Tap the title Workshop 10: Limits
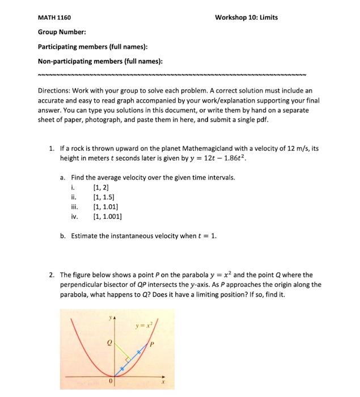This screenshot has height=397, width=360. (x=247, y=18)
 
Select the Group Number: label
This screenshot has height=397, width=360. (x=62, y=32)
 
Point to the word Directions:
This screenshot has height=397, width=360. (x=54, y=90)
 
